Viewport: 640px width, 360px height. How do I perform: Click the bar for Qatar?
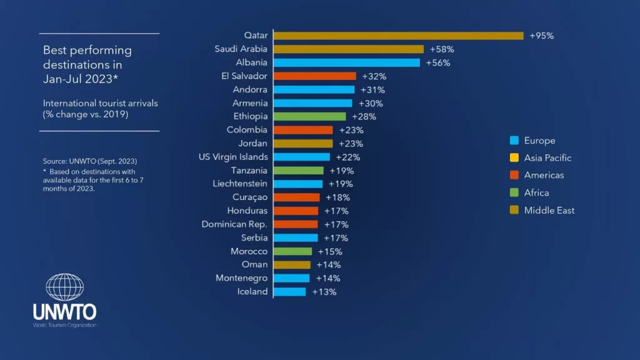(398, 36)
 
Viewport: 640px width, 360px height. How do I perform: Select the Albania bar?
(346, 62)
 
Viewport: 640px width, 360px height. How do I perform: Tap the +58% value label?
(441, 49)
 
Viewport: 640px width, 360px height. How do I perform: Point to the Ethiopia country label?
(250, 116)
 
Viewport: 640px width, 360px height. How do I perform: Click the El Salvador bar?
(314, 76)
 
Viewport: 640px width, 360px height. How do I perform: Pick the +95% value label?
(541, 36)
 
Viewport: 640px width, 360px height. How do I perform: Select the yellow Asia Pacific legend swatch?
(514, 158)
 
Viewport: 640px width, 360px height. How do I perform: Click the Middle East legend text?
(549, 210)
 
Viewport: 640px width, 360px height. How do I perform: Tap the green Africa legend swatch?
(514, 193)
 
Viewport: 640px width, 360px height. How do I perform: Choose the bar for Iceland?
(289, 292)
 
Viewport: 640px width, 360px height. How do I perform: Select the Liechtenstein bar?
(297, 184)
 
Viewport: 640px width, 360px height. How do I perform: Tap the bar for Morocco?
(292, 251)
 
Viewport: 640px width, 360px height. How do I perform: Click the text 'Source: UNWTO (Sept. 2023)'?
(89, 161)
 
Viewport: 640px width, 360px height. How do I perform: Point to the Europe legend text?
(539, 141)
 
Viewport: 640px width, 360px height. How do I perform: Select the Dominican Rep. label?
(234, 224)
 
